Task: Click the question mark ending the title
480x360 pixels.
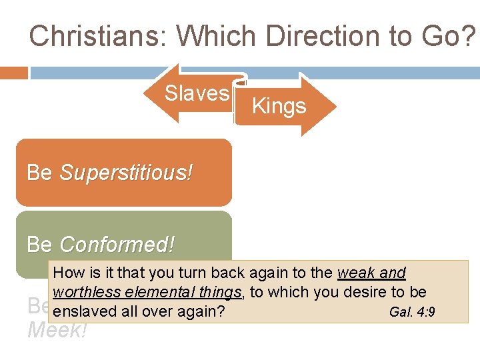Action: [x=469, y=35]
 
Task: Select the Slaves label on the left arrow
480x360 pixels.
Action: [x=197, y=93]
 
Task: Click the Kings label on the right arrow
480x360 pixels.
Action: [x=279, y=106]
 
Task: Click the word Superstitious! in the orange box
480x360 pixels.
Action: [x=126, y=173]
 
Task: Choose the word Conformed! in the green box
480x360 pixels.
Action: [x=117, y=245]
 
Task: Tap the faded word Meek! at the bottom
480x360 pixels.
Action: [x=57, y=330]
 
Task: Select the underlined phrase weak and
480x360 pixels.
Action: [x=372, y=273]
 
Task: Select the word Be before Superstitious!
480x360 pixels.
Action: [x=39, y=173]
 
